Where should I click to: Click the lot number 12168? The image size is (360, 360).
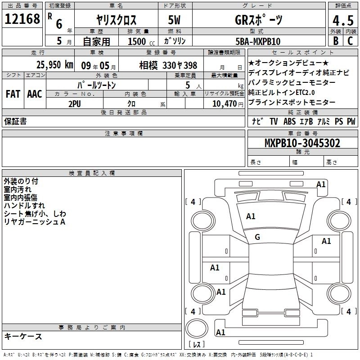pyautogui.click(x=22, y=19)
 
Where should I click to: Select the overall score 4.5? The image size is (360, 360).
pyautogui.click(x=343, y=20)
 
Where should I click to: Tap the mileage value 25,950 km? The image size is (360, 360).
pyautogui.click(x=55, y=65)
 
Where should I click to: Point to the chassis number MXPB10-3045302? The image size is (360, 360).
pyautogui.click(x=302, y=143)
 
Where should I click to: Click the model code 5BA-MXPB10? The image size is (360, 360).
pyautogui.click(x=258, y=41)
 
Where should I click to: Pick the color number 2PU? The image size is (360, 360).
pyautogui.click(x=75, y=104)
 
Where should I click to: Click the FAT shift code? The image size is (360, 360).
pyautogui.click(x=13, y=94)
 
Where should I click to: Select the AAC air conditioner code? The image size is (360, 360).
pyautogui.click(x=35, y=94)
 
